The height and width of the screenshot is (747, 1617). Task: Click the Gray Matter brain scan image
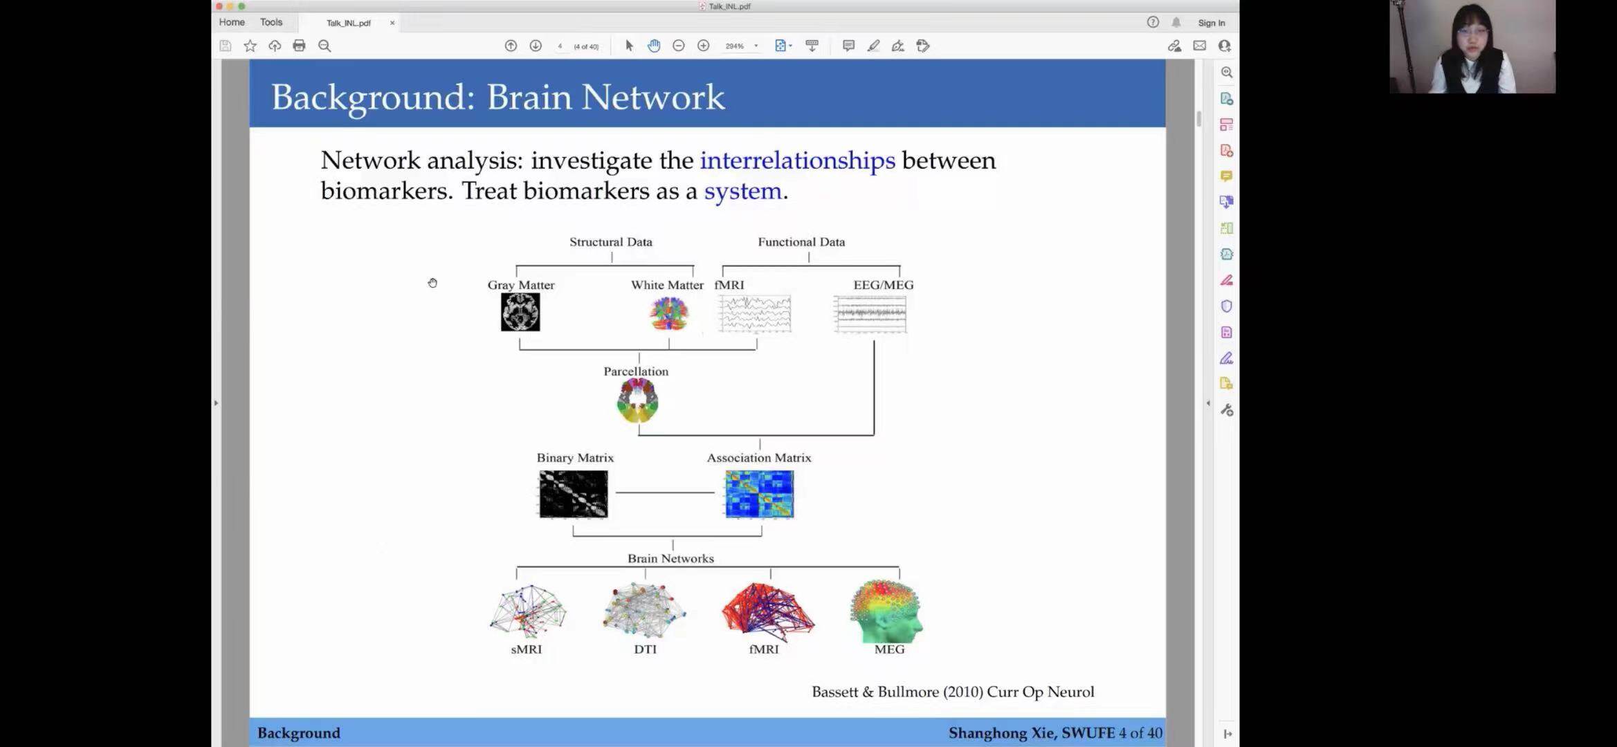tap(520, 312)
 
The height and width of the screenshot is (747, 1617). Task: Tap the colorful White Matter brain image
tap(669, 314)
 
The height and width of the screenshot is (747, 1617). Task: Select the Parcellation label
tap(636, 371)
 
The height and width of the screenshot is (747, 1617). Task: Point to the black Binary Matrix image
tap(573, 494)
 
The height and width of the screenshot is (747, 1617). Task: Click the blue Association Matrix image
tap(759, 494)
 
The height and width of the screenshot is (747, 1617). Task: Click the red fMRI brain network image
tap(767, 609)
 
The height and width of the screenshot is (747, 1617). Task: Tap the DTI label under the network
tap(645, 649)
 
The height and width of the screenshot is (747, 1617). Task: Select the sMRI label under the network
tap(526, 649)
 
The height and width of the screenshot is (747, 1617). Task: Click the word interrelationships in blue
tap(797, 160)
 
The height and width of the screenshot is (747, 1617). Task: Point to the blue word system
tap(742, 191)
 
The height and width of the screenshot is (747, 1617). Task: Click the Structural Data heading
tap(610, 242)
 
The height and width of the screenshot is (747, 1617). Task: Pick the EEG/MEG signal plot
tap(870, 314)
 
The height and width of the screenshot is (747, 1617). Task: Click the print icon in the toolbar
tap(299, 46)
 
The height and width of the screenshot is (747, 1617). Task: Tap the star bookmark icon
tap(250, 46)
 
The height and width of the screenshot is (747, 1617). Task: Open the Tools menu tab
tap(271, 22)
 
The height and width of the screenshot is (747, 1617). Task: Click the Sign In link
tap(1211, 23)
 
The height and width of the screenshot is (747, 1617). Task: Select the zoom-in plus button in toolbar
tap(703, 46)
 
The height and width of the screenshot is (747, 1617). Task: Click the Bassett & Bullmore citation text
tap(952, 692)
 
